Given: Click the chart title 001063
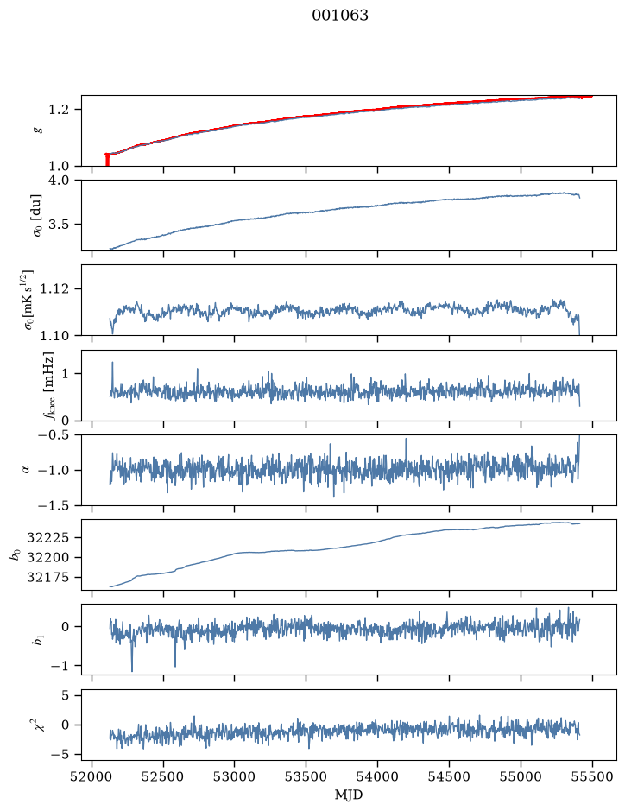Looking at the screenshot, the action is [x=339, y=16].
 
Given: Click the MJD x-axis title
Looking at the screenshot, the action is [x=349, y=795].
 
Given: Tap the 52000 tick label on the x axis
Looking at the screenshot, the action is [x=92, y=776].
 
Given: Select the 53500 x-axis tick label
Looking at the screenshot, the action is [x=306, y=776].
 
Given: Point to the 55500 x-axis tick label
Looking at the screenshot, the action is [x=592, y=776].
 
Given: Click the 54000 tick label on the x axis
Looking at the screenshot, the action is [x=377, y=776].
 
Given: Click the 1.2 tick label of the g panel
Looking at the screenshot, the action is [x=59, y=110].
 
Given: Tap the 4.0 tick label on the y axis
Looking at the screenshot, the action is [x=59, y=180].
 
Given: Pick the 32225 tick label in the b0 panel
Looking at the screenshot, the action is [x=47, y=538].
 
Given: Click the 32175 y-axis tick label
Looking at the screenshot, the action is [x=47, y=578].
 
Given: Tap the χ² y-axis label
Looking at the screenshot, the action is [x=38, y=725].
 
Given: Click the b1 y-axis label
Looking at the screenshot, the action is [x=38, y=640].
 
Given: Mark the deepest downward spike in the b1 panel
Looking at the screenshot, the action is [x=132, y=670].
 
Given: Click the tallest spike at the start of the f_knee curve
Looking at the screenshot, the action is [x=112, y=363].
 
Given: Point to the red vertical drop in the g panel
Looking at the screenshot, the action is [x=107, y=159].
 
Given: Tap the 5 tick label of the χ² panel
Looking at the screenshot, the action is [x=65, y=695].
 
